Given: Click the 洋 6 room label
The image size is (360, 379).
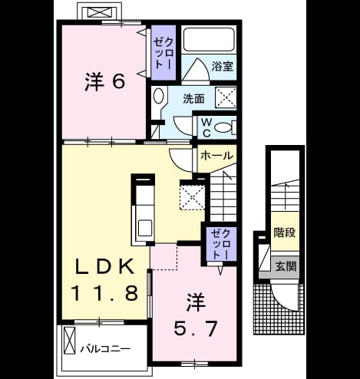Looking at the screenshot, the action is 105,82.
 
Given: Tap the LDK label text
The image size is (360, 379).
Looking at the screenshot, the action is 104,266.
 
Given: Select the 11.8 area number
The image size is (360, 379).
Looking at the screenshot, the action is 104,293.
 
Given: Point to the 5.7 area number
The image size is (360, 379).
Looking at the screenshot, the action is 196,328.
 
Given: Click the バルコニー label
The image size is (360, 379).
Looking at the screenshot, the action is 105,349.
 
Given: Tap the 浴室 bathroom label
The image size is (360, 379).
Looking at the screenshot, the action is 222,67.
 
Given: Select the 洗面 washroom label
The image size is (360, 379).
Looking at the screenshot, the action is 193,99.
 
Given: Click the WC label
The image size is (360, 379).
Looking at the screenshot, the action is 206,127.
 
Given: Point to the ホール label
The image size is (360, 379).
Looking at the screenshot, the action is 216,156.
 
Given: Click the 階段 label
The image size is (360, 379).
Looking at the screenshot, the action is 285,232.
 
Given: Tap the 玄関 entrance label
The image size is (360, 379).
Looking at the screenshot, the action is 286,267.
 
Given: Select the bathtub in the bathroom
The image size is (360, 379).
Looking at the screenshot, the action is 209,39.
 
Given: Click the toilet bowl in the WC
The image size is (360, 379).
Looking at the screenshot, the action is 223,127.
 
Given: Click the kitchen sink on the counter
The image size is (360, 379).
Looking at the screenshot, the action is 145,228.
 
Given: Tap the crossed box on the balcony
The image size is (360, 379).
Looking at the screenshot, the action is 69,341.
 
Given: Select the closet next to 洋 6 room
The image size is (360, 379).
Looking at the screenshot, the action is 163,52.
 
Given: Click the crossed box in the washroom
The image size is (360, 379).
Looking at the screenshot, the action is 226,97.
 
